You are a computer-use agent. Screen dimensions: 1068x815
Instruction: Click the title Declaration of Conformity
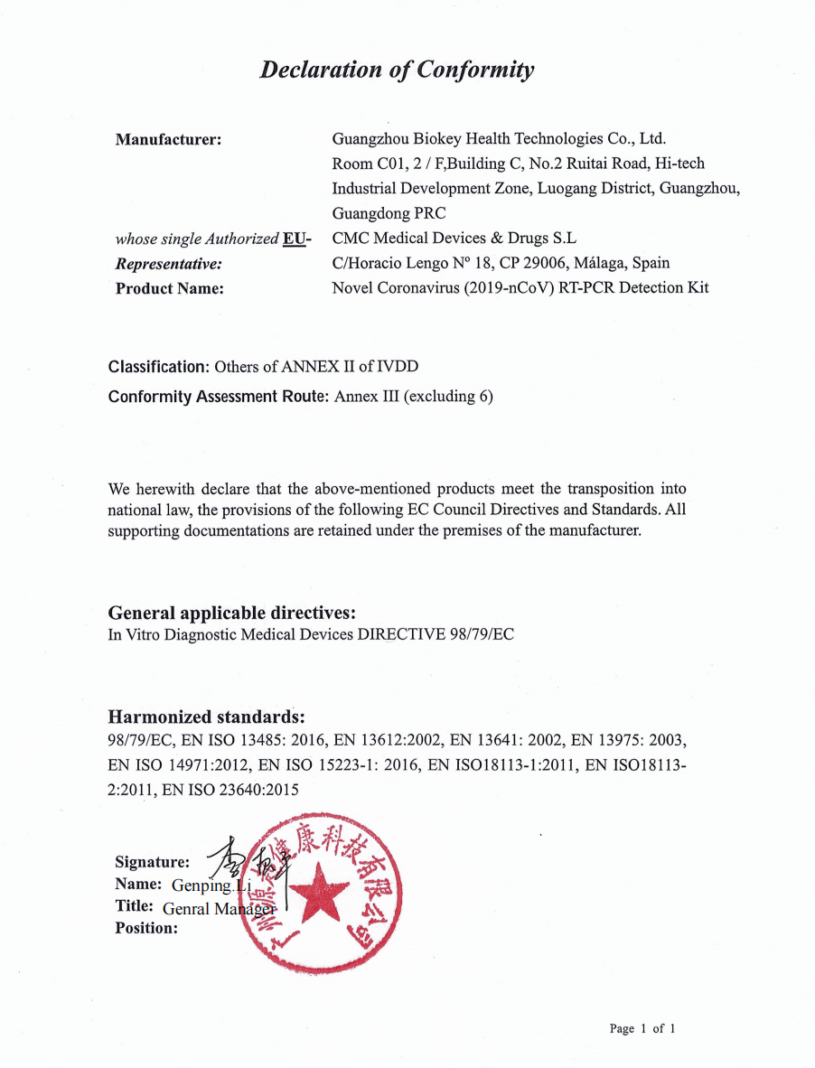(x=397, y=70)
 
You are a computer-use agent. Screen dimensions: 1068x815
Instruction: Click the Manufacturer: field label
(x=169, y=139)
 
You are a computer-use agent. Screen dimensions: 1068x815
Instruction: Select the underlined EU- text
(x=297, y=239)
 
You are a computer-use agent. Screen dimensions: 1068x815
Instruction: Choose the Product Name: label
(x=169, y=288)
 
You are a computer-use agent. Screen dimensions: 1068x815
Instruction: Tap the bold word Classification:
(x=159, y=367)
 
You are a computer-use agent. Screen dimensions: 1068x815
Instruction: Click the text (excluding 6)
(x=449, y=396)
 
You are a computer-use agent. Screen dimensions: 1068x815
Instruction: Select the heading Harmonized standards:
(x=206, y=717)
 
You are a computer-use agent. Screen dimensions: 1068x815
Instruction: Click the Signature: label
(x=152, y=862)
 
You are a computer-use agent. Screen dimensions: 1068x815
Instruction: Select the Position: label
(x=146, y=928)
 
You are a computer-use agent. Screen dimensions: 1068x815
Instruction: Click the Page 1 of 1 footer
(x=642, y=1028)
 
